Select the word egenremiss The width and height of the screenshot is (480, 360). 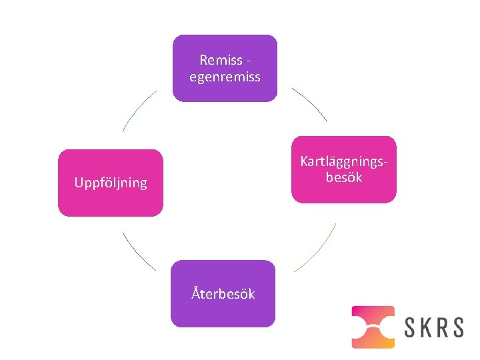click(x=225, y=77)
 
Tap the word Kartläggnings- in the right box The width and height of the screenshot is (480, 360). click(x=344, y=162)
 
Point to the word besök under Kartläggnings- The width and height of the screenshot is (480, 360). click(x=344, y=177)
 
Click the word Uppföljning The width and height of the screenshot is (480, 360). click(x=111, y=183)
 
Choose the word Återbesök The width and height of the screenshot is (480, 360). click(x=223, y=293)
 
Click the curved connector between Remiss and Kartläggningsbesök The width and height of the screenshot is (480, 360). click(x=310, y=103)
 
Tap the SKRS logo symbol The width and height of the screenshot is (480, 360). click(x=373, y=327)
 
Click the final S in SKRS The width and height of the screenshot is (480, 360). click(x=458, y=327)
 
